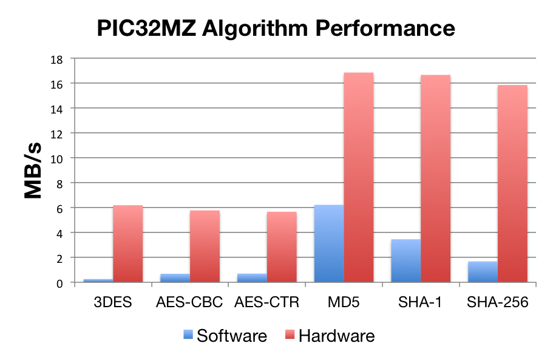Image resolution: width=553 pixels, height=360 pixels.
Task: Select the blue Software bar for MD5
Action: [x=329, y=243]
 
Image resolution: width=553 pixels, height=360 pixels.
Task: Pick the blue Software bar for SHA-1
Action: [x=406, y=260]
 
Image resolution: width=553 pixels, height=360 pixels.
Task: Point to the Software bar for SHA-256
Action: [x=483, y=271]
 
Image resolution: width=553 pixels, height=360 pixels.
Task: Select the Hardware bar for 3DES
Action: [x=128, y=243]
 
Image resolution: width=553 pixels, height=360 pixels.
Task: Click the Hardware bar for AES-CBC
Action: [x=205, y=246]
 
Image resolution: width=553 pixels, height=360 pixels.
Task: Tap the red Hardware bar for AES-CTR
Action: [x=282, y=246]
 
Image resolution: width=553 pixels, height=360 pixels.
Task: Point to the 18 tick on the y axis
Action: [x=58, y=58]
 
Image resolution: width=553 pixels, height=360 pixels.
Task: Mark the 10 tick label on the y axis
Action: [x=58, y=158]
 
